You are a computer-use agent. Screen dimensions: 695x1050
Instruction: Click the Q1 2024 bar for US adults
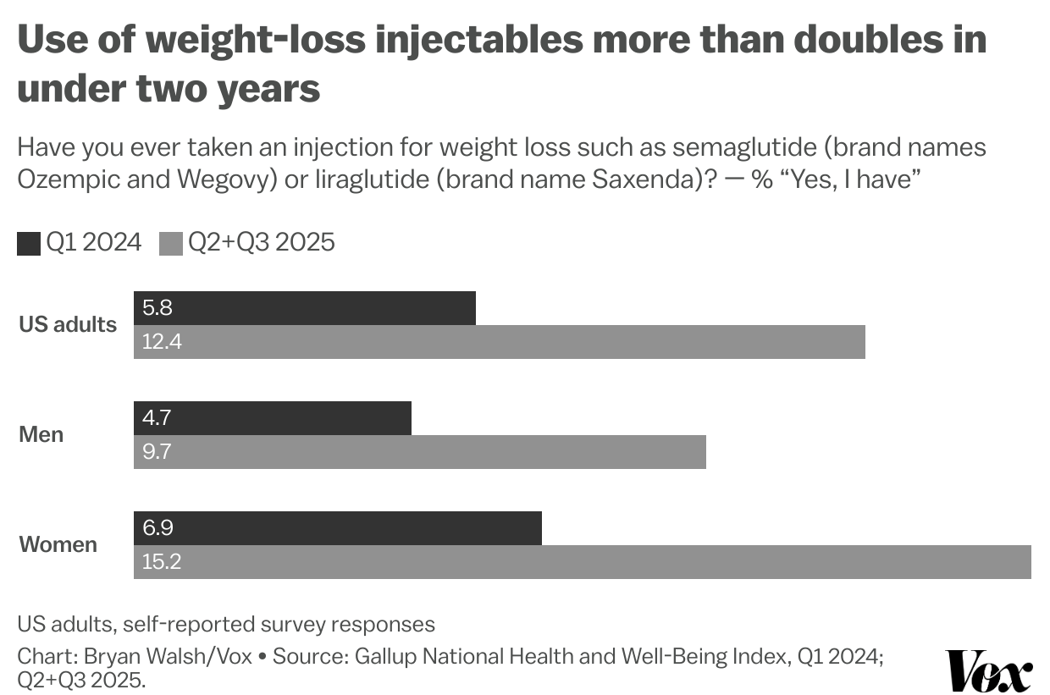click(x=305, y=308)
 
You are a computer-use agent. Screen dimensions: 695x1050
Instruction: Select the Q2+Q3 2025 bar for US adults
click(x=500, y=342)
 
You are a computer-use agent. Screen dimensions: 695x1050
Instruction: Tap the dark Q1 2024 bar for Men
click(x=273, y=418)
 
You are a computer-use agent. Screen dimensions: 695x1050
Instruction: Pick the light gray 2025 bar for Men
click(x=420, y=452)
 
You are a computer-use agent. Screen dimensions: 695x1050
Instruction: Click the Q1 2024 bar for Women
click(x=337, y=528)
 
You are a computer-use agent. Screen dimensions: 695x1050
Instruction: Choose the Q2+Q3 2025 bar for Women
click(x=583, y=562)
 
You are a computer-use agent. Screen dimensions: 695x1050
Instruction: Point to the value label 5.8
click(x=157, y=308)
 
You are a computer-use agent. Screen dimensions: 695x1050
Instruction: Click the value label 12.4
click(x=162, y=342)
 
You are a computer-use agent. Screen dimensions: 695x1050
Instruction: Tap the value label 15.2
click(x=161, y=562)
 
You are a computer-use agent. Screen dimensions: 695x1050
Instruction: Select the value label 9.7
click(x=157, y=452)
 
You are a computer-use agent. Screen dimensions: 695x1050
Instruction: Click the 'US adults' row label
click(x=68, y=325)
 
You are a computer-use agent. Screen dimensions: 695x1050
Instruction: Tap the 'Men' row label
click(x=41, y=435)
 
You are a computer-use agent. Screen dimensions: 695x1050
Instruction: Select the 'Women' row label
click(x=58, y=544)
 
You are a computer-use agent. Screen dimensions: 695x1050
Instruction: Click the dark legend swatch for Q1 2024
click(x=29, y=244)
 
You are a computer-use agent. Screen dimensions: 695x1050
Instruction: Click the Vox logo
click(x=988, y=671)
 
